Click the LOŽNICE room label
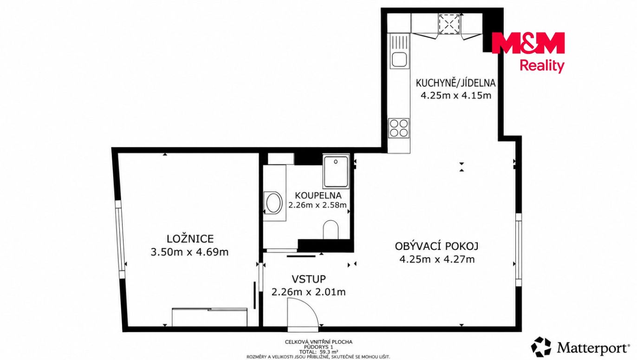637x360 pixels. [x=190, y=239]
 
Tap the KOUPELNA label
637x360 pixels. [x=318, y=196]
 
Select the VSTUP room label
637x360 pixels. [x=309, y=279]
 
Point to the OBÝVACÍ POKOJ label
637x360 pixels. [x=437, y=246]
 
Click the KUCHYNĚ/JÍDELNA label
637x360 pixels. [x=456, y=83]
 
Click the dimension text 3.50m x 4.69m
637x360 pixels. [x=189, y=252]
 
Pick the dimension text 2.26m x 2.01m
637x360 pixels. [x=309, y=292]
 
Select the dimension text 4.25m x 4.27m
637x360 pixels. [x=437, y=260]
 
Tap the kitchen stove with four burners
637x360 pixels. [x=399, y=128]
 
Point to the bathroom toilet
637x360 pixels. [x=331, y=229]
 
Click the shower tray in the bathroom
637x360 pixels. [x=336, y=171]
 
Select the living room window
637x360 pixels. [x=519, y=249]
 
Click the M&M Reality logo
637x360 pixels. [x=528, y=52]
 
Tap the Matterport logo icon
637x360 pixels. [x=541, y=347]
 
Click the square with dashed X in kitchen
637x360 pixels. [x=449, y=24]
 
